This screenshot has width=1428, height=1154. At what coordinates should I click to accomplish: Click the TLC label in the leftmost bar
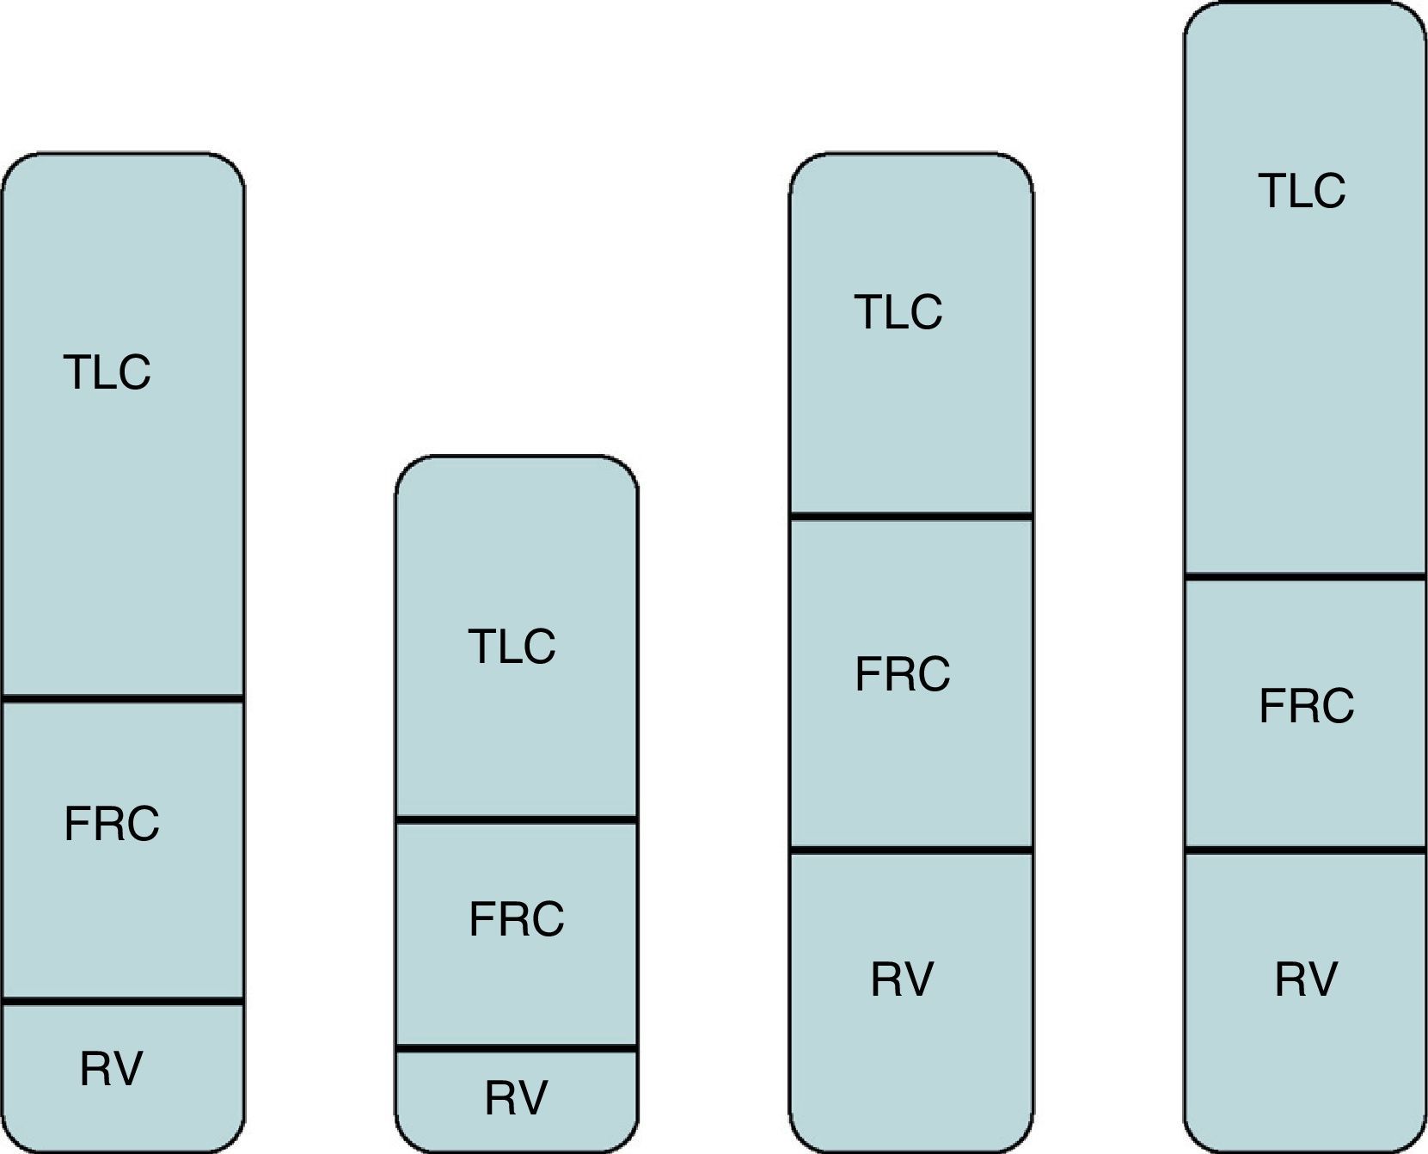pyautogui.click(x=107, y=372)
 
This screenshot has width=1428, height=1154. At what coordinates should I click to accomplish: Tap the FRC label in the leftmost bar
pyautogui.click(x=112, y=824)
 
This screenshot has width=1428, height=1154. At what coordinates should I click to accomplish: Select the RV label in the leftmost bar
pyautogui.click(x=111, y=1069)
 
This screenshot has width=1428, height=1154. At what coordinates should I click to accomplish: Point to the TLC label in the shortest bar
pyautogui.click(x=512, y=647)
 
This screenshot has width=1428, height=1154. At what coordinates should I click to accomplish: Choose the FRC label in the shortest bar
pyautogui.click(x=517, y=919)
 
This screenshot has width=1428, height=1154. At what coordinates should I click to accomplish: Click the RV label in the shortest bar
pyautogui.click(x=516, y=1098)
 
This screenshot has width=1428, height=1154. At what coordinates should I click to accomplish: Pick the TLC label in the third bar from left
pyautogui.click(x=898, y=312)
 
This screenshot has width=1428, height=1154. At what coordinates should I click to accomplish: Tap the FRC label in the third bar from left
pyautogui.click(x=903, y=674)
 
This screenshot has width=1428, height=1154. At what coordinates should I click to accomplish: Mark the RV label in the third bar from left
pyautogui.click(x=902, y=979)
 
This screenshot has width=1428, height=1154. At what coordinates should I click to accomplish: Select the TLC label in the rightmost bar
pyautogui.click(x=1302, y=191)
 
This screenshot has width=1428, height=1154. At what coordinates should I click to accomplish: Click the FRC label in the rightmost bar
pyautogui.click(x=1307, y=706)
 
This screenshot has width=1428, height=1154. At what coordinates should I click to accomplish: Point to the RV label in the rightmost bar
pyautogui.click(x=1306, y=979)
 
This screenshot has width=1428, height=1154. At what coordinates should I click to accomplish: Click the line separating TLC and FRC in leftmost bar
pyautogui.click(x=123, y=698)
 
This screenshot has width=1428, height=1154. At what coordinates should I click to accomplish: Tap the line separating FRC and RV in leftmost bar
pyautogui.click(x=123, y=1001)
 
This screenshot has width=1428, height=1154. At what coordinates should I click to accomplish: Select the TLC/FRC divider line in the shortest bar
pyautogui.click(x=516, y=820)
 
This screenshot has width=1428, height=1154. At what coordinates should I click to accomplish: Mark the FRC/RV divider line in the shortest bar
pyautogui.click(x=516, y=1048)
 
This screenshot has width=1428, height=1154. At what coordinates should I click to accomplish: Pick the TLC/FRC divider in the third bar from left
pyautogui.click(x=910, y=516)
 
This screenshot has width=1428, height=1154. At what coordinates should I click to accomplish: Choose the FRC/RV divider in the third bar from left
pyautogui.click(x=910, y=850)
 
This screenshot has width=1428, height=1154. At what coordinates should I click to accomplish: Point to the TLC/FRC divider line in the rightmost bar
pyautogui.click(x=1305, y=576)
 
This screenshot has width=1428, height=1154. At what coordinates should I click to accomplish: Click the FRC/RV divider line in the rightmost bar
pyautogui.click(x=1305, y=850)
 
